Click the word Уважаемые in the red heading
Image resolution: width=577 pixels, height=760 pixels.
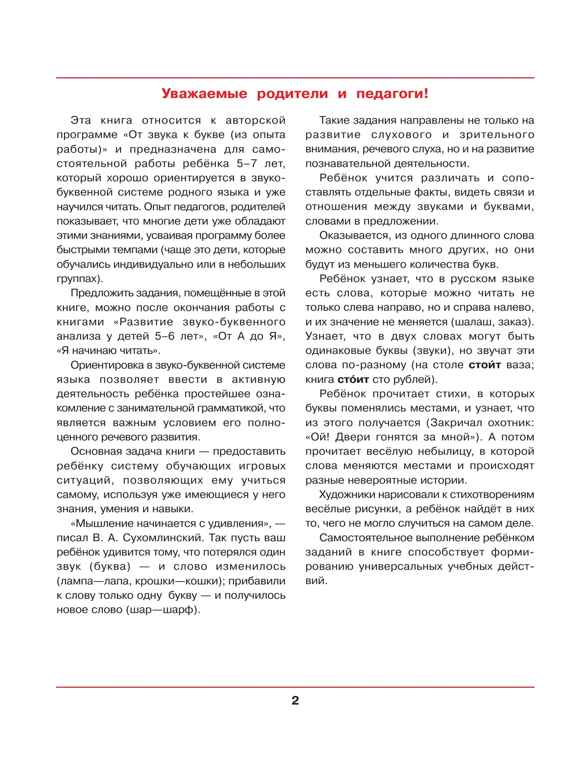click(x=204, y=93)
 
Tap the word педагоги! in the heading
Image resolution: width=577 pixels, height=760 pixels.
click(x=392, y=93)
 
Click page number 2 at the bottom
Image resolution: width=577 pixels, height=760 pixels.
click(x=295, y=700)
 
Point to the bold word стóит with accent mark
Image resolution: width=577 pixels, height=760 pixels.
click(x=353, y=379)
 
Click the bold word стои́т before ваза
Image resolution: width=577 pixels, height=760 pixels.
click(x=485, y=365)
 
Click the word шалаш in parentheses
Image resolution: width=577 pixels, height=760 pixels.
click(x=471, y=322)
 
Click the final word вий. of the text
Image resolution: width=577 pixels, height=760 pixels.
click(x=316, y=581)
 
